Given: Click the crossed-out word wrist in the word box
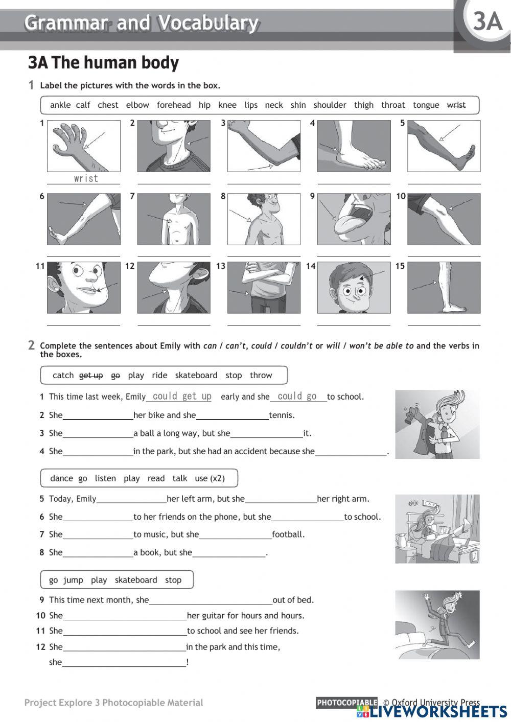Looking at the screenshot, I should (456, 105).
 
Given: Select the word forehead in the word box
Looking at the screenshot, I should (174, 105).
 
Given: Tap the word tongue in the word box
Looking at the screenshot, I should (426, 105).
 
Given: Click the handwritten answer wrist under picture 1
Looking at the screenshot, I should (85, 178).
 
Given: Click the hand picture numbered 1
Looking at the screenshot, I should (84, 146).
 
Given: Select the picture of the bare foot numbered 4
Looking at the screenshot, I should (354, 146).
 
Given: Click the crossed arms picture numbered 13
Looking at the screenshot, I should (264, 287).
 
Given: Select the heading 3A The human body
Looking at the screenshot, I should (103, 63).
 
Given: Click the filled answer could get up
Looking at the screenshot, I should (182, 397).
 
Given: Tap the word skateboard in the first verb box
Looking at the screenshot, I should (196, 375).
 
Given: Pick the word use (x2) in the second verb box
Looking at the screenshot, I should (210, 478).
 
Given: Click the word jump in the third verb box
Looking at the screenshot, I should (73, 580).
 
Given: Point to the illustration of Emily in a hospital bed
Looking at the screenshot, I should (437, 529).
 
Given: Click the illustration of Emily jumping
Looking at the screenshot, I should (437, 624).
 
